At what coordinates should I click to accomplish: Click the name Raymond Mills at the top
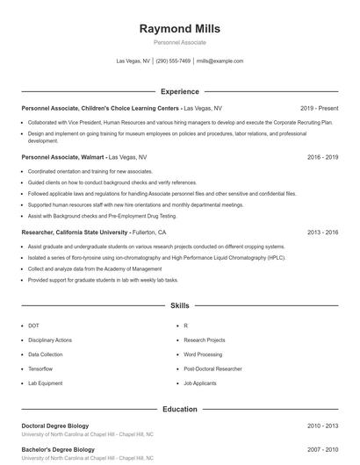click(x=179, y=28)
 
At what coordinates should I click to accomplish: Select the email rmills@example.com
click(x=220, y=61)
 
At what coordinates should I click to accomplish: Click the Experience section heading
click(x=179, y=91)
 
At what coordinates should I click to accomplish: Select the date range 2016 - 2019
click(x=322, y=156)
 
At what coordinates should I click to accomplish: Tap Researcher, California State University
click(x=75, y=232)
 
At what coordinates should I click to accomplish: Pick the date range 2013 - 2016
click(x=322, y=232)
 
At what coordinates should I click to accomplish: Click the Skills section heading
click(x=179, y=306)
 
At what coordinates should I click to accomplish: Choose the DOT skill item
click(x=33, y=325)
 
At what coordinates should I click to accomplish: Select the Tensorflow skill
click(x=40, y=368)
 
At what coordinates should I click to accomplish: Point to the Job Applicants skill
click(x=199, y=383)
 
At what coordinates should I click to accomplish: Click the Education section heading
click(x=179, y=409)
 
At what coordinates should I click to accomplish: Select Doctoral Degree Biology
click(x=55, y=426)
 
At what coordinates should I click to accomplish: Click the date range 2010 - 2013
click(x=322, y=426)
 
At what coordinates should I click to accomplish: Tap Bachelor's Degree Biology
click(x=57, y=449)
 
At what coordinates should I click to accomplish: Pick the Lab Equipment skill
click(x=45, y=383)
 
